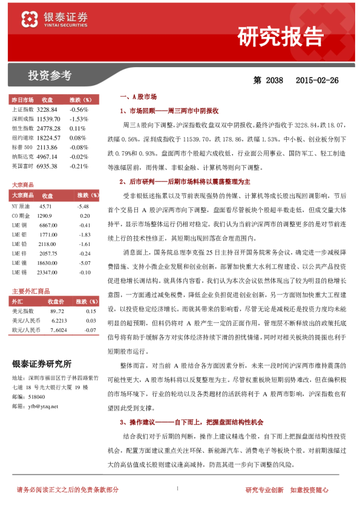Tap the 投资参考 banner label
tap(50, 76)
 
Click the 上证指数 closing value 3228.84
tap(47, 109)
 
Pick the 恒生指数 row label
tap(22, 128)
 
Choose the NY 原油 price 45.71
tap(46, 206)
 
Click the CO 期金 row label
tap(21, 215)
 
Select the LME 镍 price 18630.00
tap(47, 263)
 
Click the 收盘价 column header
tap(56, 301)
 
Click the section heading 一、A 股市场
tap(139, 97)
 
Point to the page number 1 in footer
tap(177, 488)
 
